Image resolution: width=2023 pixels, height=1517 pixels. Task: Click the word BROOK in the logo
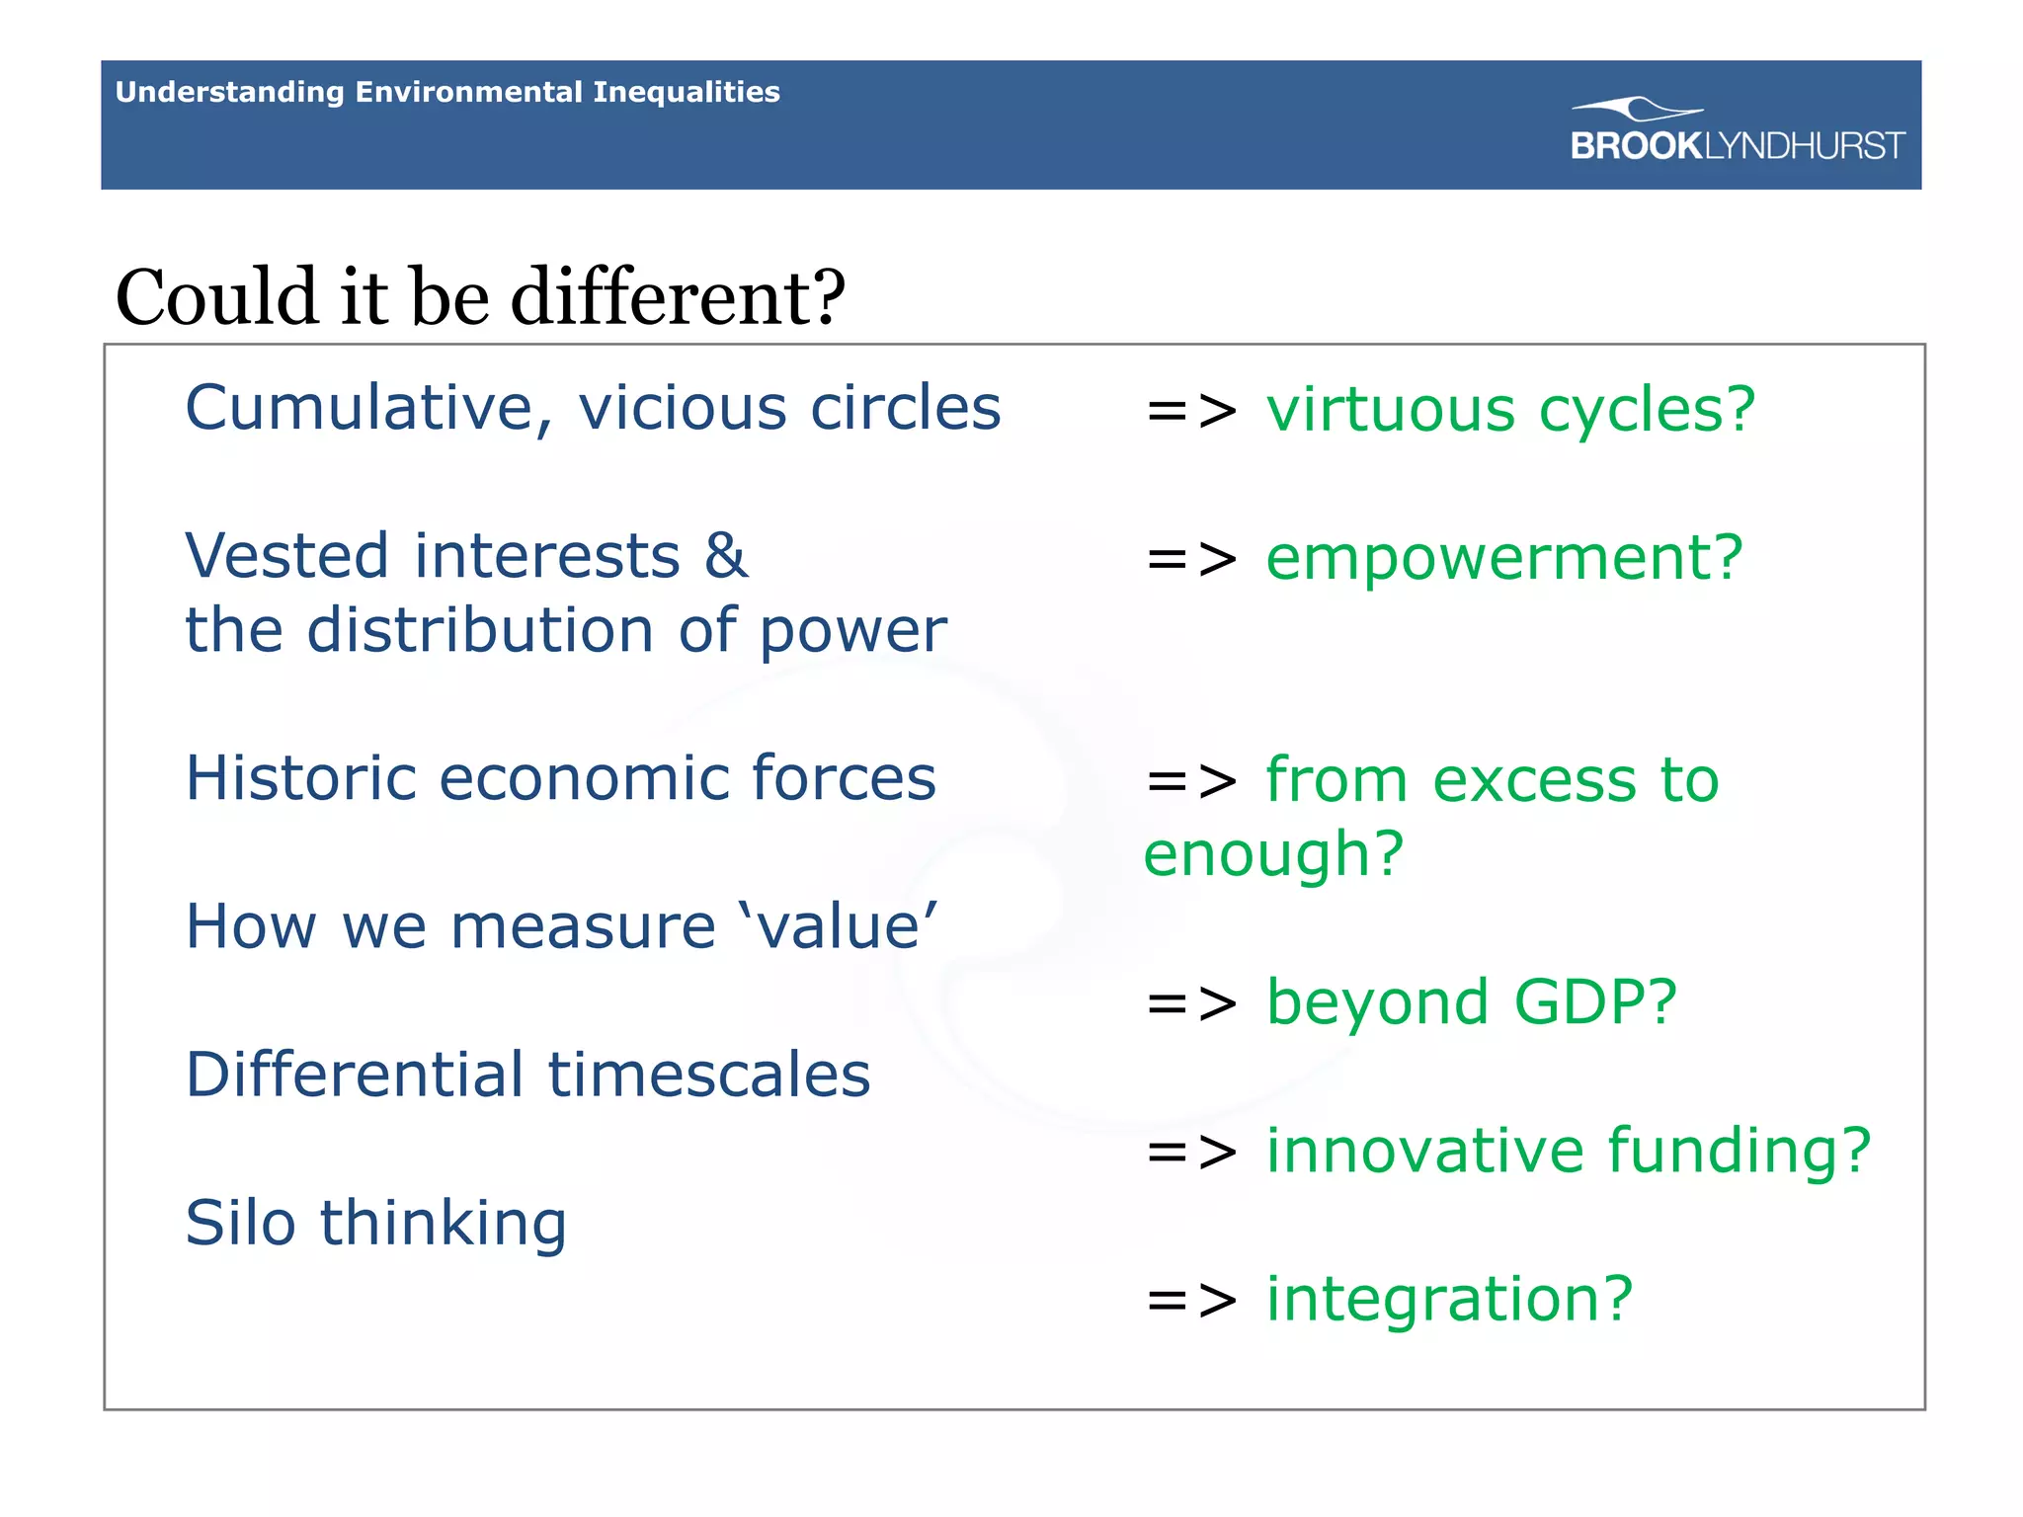pyautogui.click(x=1636, y=146)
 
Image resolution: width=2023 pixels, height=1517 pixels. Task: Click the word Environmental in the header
pyautogui.click(x=468, y=92)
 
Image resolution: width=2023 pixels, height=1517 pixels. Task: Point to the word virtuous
pyautogui.click(x=1390, y=410)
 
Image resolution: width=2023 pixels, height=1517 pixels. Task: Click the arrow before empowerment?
pyautogui.click(x=1190, y=559)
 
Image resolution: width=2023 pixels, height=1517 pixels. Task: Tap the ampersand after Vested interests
pyautogui.click(x=726, y=556)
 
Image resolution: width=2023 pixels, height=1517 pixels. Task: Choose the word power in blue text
pyautogui.click(x=852, y=632)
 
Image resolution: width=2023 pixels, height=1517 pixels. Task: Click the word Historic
pyautogui.click(x=301, y=778)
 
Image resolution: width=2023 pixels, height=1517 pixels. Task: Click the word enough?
pyautogui.click(x=1273, y=854)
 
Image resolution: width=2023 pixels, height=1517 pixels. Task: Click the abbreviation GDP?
pyautogui.click(x=1595, y=1002)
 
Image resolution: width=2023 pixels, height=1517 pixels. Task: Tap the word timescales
pyautogui.click(x=708, y=1075)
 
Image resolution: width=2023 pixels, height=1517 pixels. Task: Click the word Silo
pyautogui.click(x=240, y=1223)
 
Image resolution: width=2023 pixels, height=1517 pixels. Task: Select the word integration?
pyautogui.click(x=1449, y=1299)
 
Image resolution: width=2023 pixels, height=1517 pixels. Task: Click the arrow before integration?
pyautogui.click(x=1190, y=1300)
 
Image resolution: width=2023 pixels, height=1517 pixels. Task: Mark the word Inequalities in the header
pyautogui.click(x=686, y=92)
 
